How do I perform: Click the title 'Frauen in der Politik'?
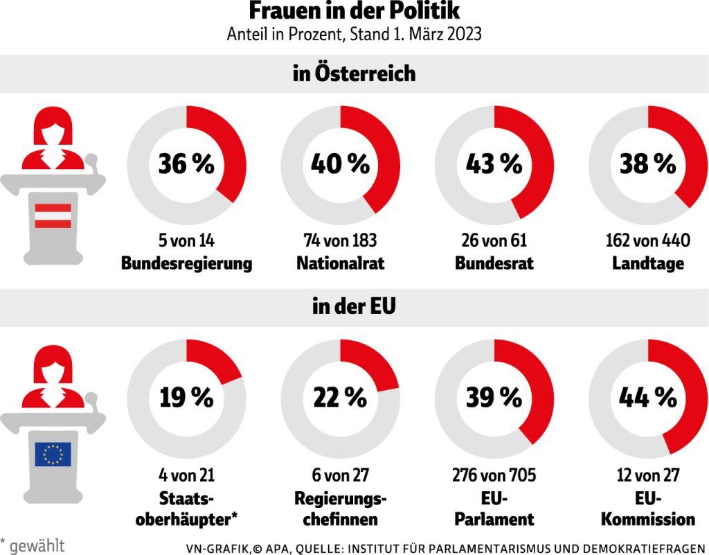tap(354, 12)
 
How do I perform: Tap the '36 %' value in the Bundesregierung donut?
tap(186, 164)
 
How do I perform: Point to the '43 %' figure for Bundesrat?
tap(494, 164)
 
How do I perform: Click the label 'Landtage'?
tap(647, 264)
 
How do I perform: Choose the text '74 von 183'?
tap(340, 241)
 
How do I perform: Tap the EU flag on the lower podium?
tap(53, 454)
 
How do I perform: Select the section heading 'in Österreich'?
tap(354, 73)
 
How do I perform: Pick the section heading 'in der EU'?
tap(354, 306)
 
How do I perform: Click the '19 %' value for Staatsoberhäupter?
tap(186, 398)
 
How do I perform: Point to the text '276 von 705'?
tap(494, 475)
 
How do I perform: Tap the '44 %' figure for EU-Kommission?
tap(647, 398)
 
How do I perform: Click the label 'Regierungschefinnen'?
tap(340, 509)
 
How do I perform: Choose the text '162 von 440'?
tap(647, 241)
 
